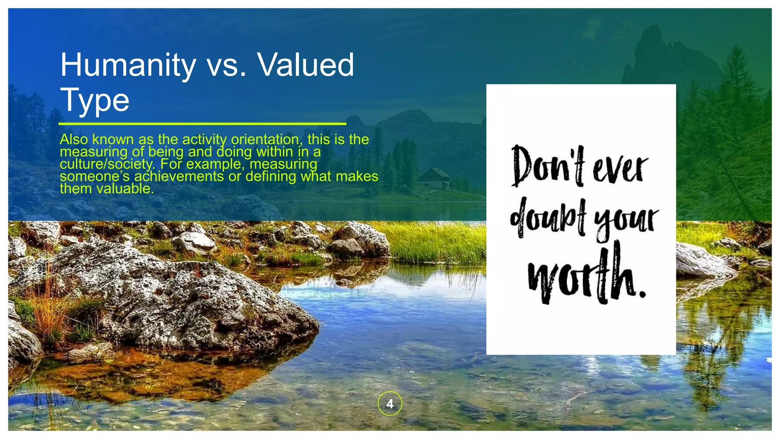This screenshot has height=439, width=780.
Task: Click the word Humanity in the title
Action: (128, 65)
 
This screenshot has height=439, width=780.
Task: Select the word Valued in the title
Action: (306, 65)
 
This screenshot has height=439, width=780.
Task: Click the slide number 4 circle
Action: (390, 403)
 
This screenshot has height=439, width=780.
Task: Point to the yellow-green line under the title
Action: (202, 124)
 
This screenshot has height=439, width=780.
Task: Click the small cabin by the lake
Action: (434, 178)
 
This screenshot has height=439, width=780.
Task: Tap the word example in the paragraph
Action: (214, 164)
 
